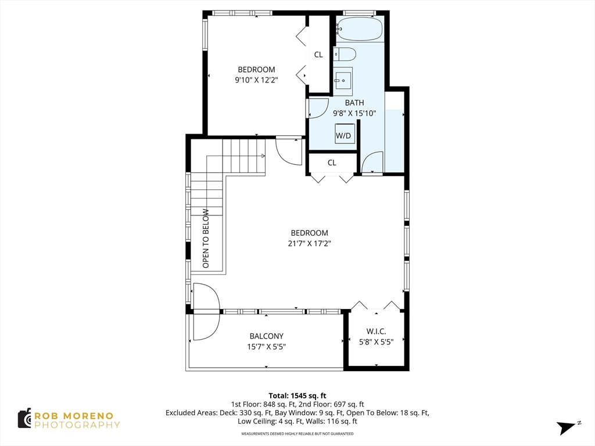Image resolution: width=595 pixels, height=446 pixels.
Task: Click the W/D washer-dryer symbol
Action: pyautogui.click(x=345, y=134)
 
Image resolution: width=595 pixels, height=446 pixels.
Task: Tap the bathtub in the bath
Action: pyautogui.click(x=359, y=29)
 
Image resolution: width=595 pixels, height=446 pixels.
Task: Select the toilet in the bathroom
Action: pyautogui.click(x=345, y=54)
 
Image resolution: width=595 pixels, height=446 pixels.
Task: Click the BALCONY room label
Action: pyautogui.click(x=266, y=336)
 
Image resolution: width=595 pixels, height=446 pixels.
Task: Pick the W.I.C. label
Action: pyautogui.click(x=376, y=332)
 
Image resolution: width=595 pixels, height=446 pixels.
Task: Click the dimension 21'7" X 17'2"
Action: pyautogui.click(x=309, y=243)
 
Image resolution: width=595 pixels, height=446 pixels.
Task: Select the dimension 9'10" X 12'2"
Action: pyautogui.click(x=256, y=80)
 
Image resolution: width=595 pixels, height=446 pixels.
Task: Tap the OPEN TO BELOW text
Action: pyautogui.click(x=206, y=238)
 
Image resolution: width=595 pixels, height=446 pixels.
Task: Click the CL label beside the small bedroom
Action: pyautogui.click(x=318, y=55)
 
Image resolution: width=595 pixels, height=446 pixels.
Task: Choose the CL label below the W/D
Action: pyautogui.click(x=332, y=163)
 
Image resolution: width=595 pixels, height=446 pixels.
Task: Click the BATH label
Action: pyautogui.click(x=354, y=103)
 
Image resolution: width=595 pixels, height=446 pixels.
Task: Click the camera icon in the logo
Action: pyautogui.click(x=24, y=419)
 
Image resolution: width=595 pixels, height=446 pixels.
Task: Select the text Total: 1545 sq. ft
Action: pyautogui.click(x=297, y=396)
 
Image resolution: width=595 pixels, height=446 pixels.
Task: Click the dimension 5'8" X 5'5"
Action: pyautogui.click(x=376, y=342)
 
